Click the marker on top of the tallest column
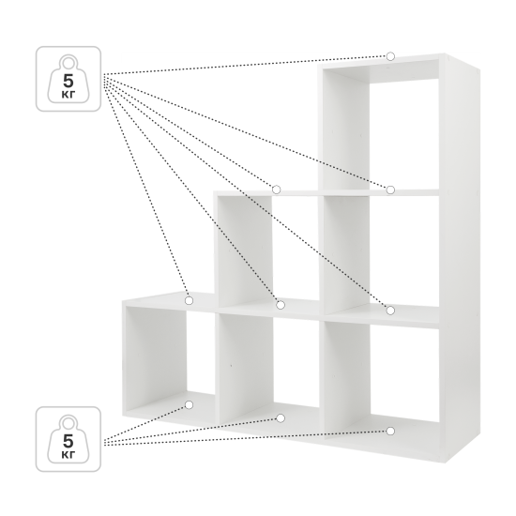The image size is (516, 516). pyautogui.click(x=390, y=56)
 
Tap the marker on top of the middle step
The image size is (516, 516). pyautogui.click(x=276, y=190)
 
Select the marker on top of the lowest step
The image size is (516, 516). pyautogui.click(x=189, y=300)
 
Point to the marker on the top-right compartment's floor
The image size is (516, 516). pyautogui.click(x=390, y=190)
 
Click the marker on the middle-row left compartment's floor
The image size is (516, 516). pyautogui.click(x=281, y=305)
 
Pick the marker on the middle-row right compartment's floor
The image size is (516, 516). pyautogui.click(x=390, y=311)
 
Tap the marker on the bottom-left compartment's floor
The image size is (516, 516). pyautogui.click(x=189, y=404)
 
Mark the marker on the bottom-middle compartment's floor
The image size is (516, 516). pyautogui.click(x=281, y=418)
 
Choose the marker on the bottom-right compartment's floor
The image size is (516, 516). pyautogui.click(x=390, y=432)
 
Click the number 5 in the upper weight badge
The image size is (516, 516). pyautogui.click(x=68, y=81)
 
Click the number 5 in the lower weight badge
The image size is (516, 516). pyautogui.click(x=68, y=441)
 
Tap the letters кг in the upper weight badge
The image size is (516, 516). pyautogui.click(x=68, y=95)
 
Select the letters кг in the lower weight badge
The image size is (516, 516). pyautogui.click(x=68, y=455)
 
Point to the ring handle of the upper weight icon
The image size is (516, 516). pyautogui.click(x=68, y=56)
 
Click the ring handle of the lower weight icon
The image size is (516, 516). pyautogui.click(x=68, y=417)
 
